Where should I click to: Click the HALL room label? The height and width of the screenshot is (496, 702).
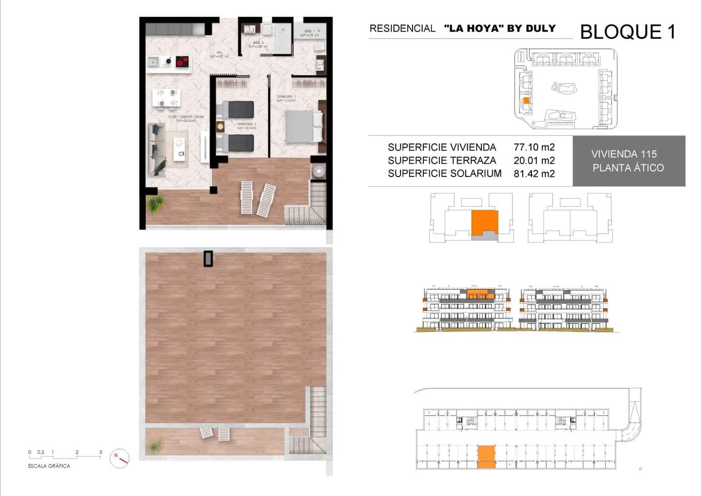[x=219, y=54]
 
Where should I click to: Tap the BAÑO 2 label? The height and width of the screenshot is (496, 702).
[x=258, y=44]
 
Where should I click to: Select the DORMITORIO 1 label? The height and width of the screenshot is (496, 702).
[x=286, y=98]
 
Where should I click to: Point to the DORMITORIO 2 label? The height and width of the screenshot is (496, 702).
[x=247, y=126]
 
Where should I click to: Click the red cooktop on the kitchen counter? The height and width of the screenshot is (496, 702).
[x=182, y=61]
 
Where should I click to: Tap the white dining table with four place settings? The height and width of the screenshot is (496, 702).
[x=166, y=97]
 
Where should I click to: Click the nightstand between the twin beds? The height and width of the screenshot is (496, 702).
[x=220, y=126]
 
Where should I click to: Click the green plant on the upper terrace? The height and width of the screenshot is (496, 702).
[x=156, y=203]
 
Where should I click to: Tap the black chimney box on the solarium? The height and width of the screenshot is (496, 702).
[x=208, y=259]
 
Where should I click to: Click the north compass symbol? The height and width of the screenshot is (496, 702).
[x=119, y=458]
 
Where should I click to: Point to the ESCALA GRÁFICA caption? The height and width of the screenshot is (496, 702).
[x=49, y=466]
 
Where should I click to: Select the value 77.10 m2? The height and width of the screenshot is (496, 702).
[x=534, y=147]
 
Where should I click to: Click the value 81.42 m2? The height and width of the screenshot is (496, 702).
[x=534, y=174]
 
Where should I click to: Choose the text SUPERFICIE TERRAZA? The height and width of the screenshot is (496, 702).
[x=442, y=161]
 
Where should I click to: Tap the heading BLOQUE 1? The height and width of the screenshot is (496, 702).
[x=627, y=32]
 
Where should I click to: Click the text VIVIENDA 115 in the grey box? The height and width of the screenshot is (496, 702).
[x=624, y=154]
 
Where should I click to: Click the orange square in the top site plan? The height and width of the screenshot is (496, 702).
[x=526, y=101]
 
